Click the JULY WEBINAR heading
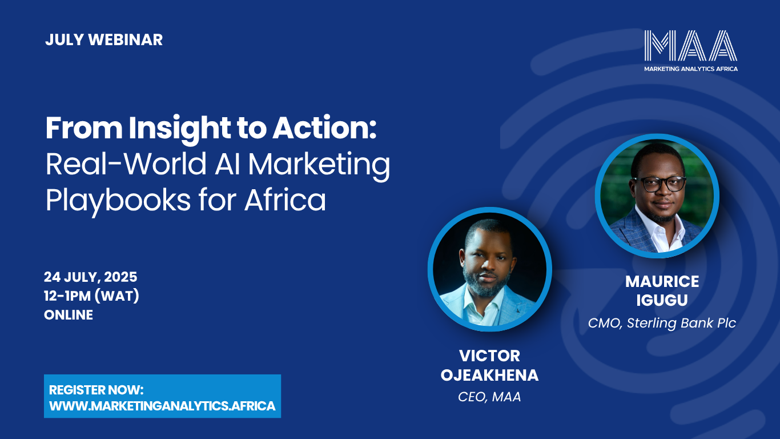[104, 40]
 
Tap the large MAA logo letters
[690, 46]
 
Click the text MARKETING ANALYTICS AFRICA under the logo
[691, 69]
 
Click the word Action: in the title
[324, 128]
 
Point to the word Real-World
[126, 164]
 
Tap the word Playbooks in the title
[118, 201]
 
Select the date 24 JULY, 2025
[91, 277]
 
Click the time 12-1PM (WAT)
[91, 296]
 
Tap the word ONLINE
[69, 315]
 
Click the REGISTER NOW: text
[96, 390]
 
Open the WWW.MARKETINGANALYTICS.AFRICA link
[162, 406]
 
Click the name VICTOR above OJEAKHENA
[489, 356]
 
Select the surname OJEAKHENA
[489, 375]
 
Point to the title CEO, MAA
[489, 397]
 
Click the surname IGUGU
[662, 301]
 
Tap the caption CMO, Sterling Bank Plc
[662, 323]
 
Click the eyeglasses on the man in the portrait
[659, 183]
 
